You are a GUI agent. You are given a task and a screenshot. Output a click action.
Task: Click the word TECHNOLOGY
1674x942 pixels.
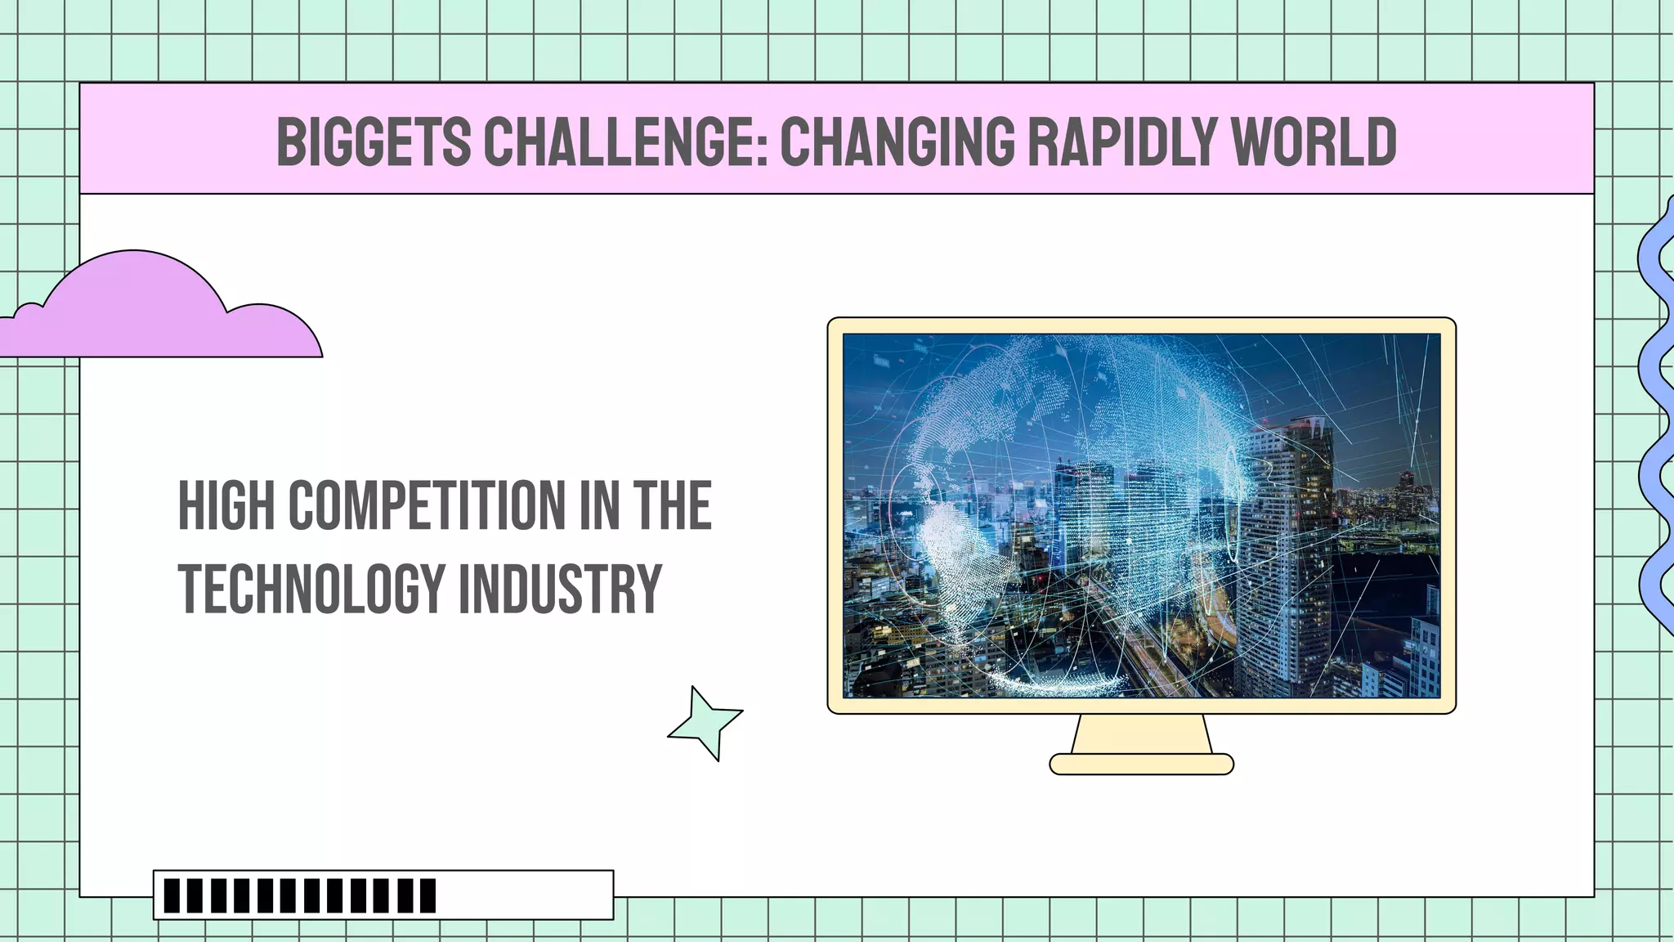(311, 589)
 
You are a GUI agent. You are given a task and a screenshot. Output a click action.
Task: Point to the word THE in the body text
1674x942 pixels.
(672, 506)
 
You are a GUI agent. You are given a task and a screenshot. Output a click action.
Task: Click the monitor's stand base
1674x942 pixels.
(1141, 765)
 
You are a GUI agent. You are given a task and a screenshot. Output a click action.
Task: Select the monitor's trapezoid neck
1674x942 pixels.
(1141, 733)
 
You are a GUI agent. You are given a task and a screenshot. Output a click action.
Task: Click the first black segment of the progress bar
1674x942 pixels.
(172, 895)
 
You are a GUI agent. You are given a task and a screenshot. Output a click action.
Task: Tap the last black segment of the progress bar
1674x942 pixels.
(427, 895)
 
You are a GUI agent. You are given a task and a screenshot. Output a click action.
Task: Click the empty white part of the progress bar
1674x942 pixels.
(523, 895)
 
